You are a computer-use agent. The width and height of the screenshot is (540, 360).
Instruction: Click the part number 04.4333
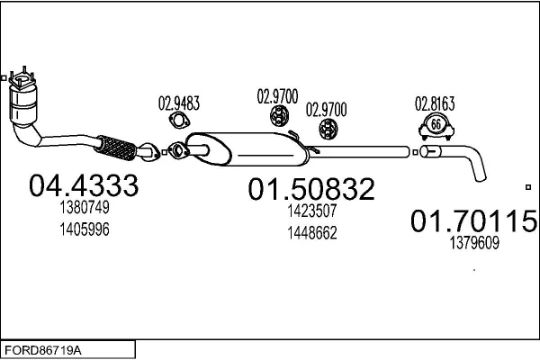(84, 185)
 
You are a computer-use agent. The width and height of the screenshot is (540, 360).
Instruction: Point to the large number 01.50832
(311, 189)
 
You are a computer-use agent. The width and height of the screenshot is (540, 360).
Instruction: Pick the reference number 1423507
(312, 212)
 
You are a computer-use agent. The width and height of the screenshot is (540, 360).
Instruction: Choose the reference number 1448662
(312, 232)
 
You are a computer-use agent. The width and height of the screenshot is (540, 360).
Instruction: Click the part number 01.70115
(474, 220)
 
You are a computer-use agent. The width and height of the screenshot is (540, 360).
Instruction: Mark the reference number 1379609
(473, 242)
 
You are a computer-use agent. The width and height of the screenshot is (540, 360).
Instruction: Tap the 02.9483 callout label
(179, 103)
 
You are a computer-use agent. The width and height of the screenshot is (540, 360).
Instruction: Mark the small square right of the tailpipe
(527, 187)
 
